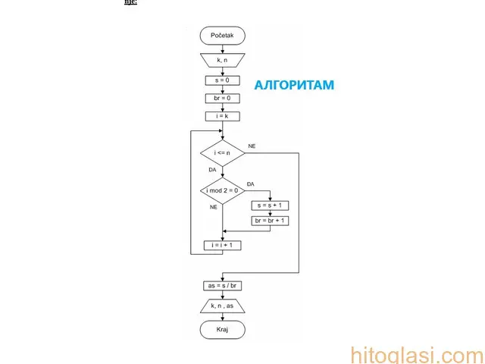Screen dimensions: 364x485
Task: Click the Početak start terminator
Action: click(222, 36)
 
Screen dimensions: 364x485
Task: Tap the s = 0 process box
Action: click(222, 80)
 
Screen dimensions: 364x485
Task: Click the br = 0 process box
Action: click(222, 98)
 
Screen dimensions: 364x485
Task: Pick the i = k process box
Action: click(222, 116)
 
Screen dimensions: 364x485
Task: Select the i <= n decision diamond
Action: click(222, 152)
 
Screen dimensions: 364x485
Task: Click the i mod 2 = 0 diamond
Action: click(222, 190)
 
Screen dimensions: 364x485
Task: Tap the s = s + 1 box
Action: click(270, 206)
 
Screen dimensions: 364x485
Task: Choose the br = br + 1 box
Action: click(270, 221)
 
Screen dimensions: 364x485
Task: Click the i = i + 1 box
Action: click(222, 246)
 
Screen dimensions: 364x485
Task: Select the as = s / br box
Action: click(222, 286)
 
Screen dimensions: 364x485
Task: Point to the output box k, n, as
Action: click(222, 306)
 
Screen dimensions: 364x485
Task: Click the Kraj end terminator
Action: click(222, 330)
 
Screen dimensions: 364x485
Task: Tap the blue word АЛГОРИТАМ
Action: click(293, 86)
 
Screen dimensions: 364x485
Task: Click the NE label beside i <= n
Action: click(252, 145)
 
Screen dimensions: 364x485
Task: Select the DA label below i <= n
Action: click(212, 170)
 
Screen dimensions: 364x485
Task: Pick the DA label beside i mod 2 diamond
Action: click(250, 184)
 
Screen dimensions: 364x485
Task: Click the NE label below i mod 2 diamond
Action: click(214, 206)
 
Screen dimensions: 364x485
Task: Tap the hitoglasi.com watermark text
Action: click(416, 354)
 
